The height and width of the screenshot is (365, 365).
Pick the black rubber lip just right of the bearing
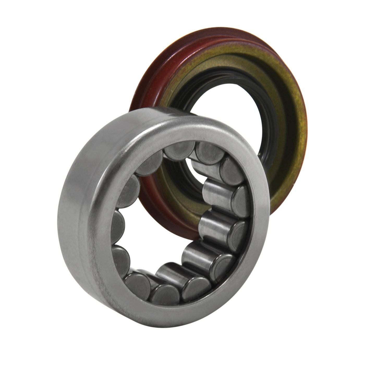coord(266,167)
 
